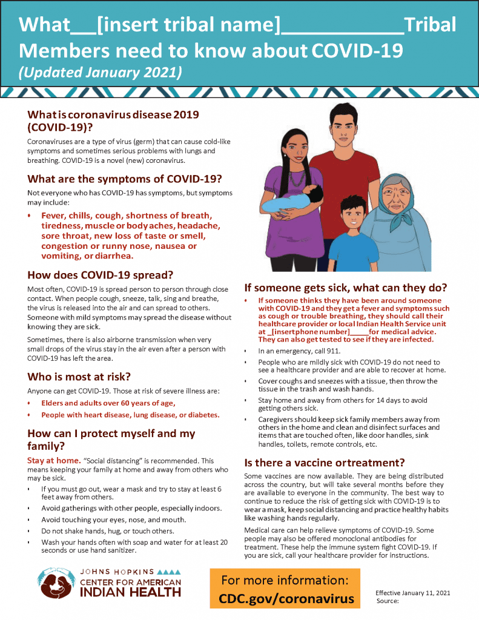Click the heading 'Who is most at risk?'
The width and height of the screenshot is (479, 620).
point(79,377)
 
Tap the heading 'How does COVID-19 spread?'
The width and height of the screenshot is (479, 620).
point(101,274)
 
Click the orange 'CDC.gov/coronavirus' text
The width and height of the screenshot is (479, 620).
point(286,599)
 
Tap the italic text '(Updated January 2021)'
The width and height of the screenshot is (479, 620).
point(100,73)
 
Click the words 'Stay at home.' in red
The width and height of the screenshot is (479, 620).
point(53,461)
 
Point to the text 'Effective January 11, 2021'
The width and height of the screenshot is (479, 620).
point(412,593)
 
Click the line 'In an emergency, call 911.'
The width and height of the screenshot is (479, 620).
point(295,351)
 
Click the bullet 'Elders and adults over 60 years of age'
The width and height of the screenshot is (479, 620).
point(108,403)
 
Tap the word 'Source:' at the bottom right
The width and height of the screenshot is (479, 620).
point(387,601)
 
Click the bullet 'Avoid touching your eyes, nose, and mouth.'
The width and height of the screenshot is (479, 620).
point(113,519)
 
